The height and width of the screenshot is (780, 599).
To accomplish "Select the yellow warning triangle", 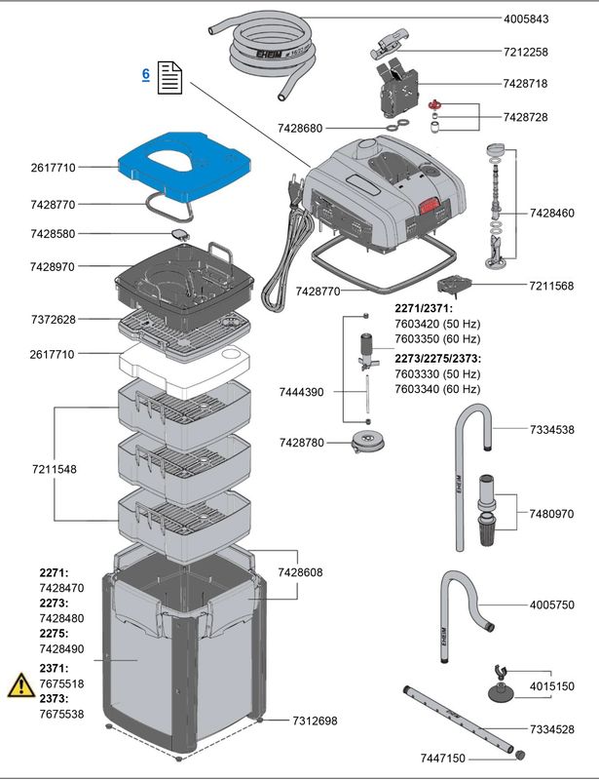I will click(20, 685).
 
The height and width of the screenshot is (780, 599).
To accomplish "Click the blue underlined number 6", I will click(145, 74).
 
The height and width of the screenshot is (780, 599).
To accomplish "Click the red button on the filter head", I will click(430, 206).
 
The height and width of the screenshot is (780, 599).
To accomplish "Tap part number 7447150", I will click(445, 758).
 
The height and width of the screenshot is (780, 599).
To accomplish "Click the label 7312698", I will click(315, 721).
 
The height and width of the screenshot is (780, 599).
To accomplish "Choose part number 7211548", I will click(54, 469).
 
